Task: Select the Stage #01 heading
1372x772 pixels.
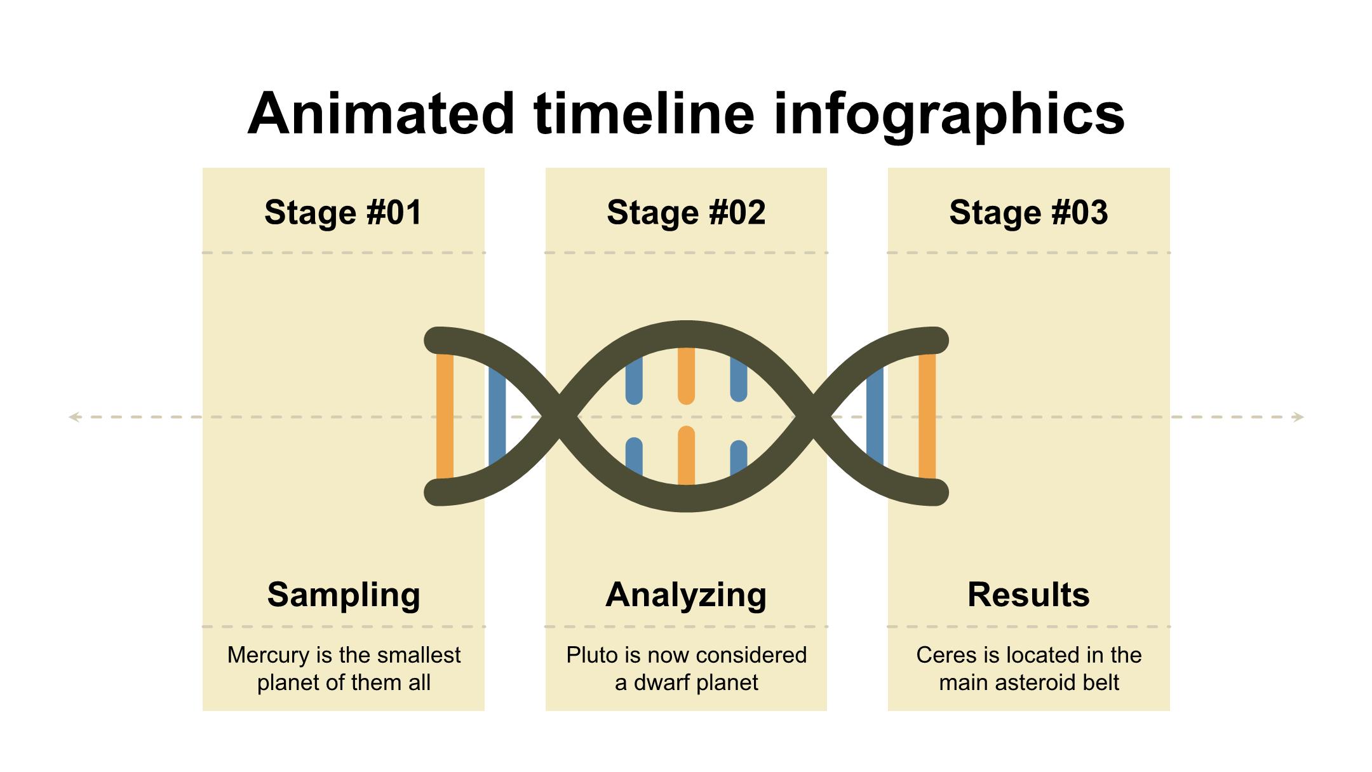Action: pos(343,212)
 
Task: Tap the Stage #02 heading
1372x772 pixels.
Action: pos(686,212)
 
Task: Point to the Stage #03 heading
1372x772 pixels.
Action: pos(1028,212)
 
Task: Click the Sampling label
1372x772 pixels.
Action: pos(344,595)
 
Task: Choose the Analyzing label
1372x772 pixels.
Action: pos(686,595)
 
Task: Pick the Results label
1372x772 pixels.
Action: pos(1028,595)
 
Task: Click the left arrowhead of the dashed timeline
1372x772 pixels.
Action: pos(74,417)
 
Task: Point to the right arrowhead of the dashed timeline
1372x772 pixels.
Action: pos(1298,417)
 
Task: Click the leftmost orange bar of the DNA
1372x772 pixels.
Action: pos(445,416)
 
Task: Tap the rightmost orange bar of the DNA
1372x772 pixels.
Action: pos(927,416)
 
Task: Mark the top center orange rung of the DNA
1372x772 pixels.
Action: pos(686,376)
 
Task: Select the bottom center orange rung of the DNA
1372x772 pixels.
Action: pos(686,456)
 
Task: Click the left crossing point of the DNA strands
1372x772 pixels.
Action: pos(560,417)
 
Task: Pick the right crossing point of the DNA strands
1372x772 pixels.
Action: pos(813,417)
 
